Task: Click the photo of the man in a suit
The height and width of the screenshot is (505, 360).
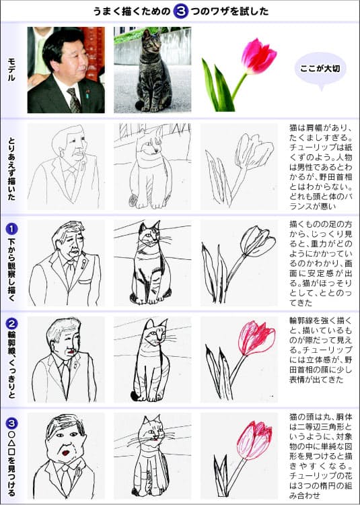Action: click(x=66, y=69)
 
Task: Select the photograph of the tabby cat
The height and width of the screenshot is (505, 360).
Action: click(x=152, y=69)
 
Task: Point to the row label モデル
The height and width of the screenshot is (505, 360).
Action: click(x=13, y=70)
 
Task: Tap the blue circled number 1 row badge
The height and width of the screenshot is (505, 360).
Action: click(x=12, y=227)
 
